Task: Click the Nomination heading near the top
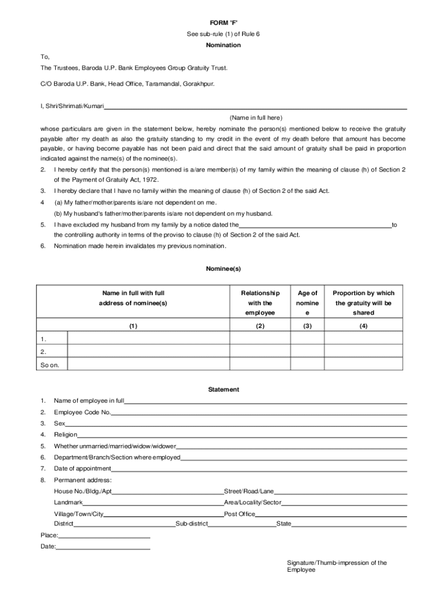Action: [x=223, y=45]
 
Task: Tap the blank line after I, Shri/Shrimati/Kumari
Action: [x=255, y=107]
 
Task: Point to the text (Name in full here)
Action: [x=255, y=117]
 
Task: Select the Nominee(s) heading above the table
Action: [x=223, y=269]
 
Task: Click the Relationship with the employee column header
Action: [x=260, y=303]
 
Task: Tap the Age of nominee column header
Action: [x=307, y=303]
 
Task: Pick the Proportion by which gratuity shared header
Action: [x=363, y=303]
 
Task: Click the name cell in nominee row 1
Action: [x=148, y=338]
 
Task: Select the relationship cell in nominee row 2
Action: [x=260, y=352]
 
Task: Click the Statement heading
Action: [x=223, y=389]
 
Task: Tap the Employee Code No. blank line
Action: [x=258, y=413]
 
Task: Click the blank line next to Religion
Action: [x=241, y=435]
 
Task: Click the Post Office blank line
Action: [x=331, y=515]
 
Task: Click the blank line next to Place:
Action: [x=104, y=536]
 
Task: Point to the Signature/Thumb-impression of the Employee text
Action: [x=337, y=566]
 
